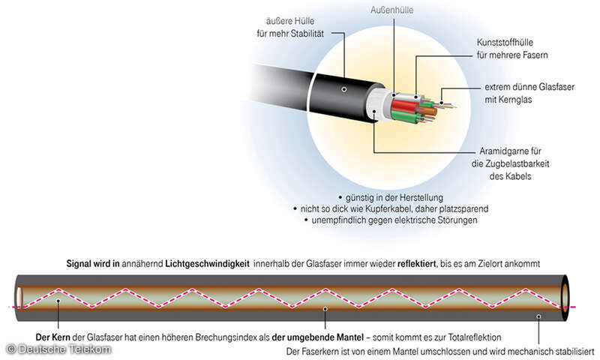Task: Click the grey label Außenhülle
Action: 391,10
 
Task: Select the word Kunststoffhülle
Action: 505,42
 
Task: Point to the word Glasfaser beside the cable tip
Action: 556,87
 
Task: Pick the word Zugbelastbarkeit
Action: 517,163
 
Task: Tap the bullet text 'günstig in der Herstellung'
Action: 394,198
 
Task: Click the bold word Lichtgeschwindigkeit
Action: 207,263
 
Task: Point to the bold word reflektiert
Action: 417,263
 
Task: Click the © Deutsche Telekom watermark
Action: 59,349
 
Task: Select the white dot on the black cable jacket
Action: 344,89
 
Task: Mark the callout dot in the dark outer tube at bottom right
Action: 538,316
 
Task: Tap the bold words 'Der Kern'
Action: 52,337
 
